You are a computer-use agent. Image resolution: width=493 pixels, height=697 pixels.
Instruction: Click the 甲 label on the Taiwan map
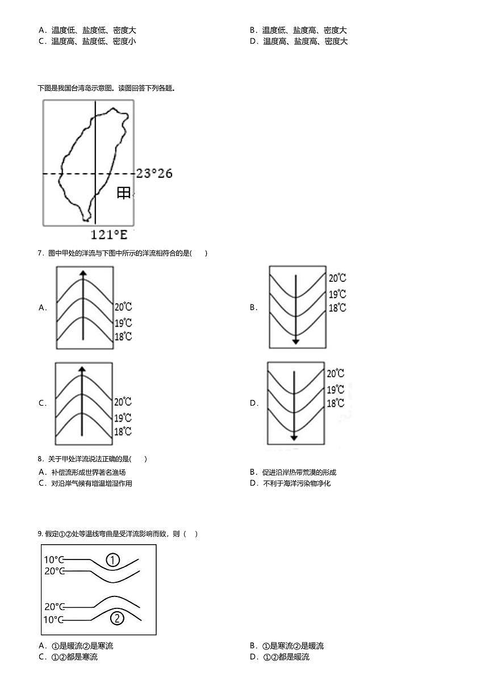(123, 193)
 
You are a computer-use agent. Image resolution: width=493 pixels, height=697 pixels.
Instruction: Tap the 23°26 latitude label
(154, 174)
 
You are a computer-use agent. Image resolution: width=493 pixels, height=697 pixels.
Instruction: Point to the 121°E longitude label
(109, 235)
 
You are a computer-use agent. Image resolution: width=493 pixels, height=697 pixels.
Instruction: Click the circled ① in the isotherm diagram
(112, 560)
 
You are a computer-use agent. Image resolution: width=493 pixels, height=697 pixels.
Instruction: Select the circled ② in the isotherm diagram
(117, 618)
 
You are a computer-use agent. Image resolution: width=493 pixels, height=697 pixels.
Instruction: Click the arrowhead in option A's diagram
(83, 273)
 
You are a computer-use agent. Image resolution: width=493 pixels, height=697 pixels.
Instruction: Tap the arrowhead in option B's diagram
(296, 341)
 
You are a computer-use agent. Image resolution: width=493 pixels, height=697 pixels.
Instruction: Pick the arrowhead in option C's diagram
(82, 369)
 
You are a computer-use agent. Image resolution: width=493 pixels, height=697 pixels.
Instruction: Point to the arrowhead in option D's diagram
(294, 437)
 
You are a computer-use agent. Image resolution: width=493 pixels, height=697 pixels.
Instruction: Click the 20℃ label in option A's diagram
(123, 307)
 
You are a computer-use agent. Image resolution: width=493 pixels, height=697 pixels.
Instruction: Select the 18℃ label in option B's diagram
(337, 308)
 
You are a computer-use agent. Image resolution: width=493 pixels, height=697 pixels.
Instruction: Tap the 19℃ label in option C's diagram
(123, 418)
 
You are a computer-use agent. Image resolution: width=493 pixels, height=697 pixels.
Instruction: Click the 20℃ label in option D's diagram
(336, 373)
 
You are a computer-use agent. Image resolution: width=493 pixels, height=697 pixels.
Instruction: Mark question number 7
(41, 253)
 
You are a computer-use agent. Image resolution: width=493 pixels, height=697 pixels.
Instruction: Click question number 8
(41, 458)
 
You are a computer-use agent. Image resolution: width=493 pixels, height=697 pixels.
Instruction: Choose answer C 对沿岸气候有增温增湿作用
(85, 483)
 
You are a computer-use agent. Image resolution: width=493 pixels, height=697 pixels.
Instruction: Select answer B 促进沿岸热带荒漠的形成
(293, 472)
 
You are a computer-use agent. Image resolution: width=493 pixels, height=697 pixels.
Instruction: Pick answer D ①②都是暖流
(279, 657)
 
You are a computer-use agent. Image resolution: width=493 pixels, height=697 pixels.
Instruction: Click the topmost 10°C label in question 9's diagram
(54, 560)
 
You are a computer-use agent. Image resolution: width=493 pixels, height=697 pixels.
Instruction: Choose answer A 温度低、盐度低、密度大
(87, 30)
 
